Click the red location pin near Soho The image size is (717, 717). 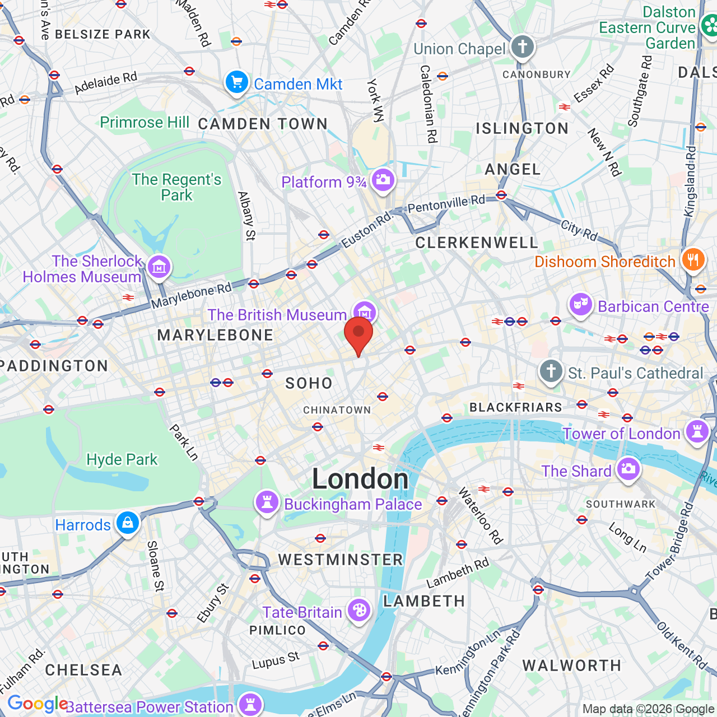358,333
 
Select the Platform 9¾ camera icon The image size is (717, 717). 383,180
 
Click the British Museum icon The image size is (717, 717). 365,311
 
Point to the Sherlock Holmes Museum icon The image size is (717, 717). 159,267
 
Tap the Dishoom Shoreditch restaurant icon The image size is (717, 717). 693,259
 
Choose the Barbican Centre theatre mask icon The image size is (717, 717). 581,305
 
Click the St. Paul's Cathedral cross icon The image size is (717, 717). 551,371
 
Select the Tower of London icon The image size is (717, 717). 697,432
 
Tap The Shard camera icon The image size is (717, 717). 628,469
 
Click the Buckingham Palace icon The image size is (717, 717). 267,502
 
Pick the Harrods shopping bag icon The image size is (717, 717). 128,523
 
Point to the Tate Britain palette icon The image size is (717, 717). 359,610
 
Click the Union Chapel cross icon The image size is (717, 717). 523,47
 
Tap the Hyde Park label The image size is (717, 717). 122,460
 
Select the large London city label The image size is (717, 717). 360,479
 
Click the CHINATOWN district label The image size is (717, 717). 337,410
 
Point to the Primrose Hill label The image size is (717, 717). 145,122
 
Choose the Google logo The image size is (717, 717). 37,704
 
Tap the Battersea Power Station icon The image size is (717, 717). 250,705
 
